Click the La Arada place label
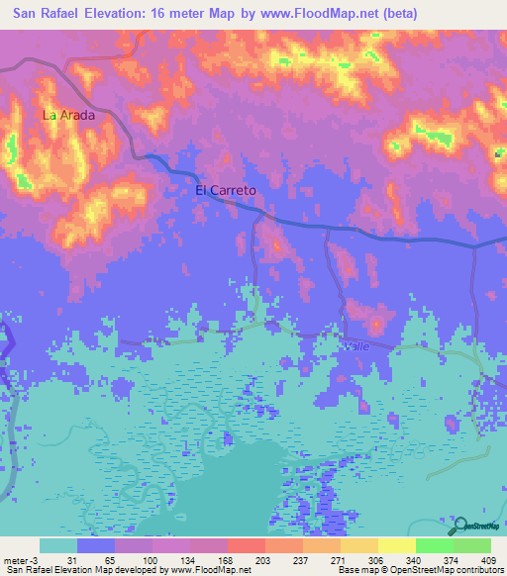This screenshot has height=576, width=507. click(x=68, y=115)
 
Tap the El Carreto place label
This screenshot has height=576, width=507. click(x=226, y=189)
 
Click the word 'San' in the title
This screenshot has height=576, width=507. click(x=29, y=14)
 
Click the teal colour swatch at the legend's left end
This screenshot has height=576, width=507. click(x=58, y=545)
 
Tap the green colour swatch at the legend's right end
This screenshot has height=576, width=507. click(x=472, y=545)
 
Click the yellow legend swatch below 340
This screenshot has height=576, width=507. click(x=397, y=545)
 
